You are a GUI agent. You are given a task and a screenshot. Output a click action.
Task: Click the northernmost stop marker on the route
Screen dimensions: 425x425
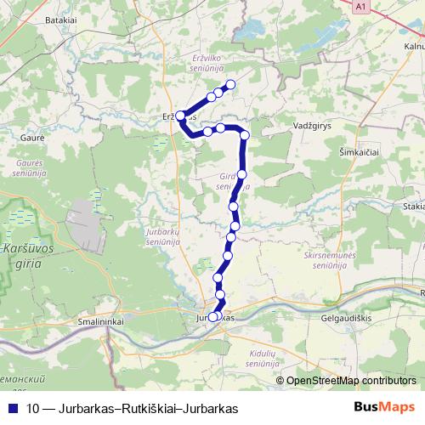229,85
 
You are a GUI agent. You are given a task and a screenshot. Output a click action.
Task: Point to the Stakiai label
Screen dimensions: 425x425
414,206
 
